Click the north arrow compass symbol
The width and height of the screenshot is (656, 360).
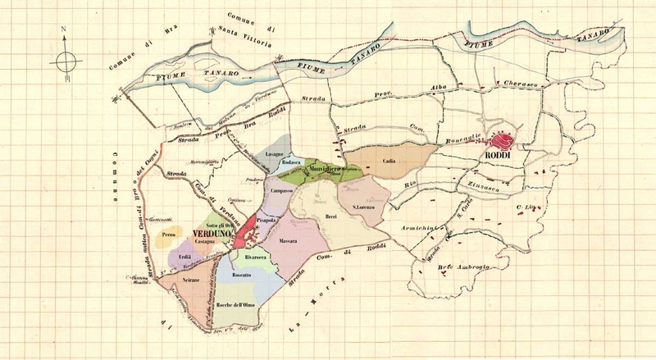coord(65,60)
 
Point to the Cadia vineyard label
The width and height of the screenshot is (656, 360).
coord(389,162)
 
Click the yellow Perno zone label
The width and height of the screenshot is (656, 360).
coord(169,235)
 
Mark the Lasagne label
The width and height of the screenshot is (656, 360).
coord(275,154)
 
